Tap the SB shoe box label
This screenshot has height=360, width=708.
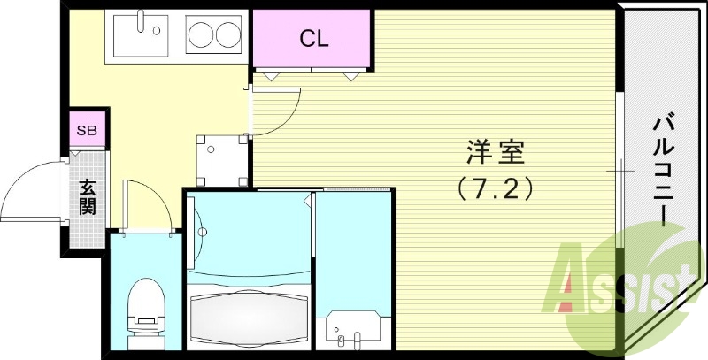click(x=87, y=130)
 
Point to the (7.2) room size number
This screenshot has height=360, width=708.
click(x=495, y=188)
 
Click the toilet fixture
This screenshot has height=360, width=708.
click(x=143, y=310)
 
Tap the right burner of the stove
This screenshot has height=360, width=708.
click(x=229, y=36)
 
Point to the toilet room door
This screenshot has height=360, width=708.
click(x=146, y=205)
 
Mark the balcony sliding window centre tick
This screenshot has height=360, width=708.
click(x=619, y=170)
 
